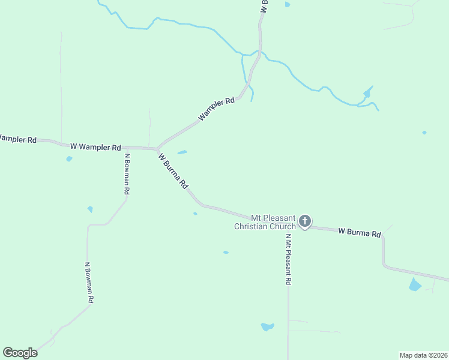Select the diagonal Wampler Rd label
coord(216,110)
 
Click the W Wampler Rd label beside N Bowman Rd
coord(95,146)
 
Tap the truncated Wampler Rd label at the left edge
coord(17,139)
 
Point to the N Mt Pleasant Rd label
coord(288,259)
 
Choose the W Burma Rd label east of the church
coord(360,232)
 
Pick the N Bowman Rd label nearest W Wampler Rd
coord(127,174)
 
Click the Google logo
coord(20,353)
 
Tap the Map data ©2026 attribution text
coord(423,355)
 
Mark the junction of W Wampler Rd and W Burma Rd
coord(157,149)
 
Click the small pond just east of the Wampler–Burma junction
coord(182,152)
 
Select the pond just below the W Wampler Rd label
coord(69,159)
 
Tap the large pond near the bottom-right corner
coord(415,284)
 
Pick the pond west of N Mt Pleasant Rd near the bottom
coord(267,327)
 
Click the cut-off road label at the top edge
coord(265,6)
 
